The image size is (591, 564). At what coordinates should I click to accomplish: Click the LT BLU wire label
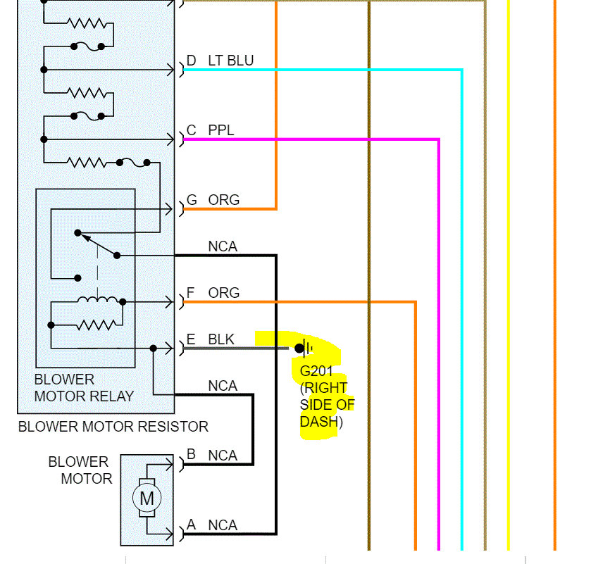tap(230, 61)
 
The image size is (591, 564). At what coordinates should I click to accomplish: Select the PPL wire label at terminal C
tap(220, 131)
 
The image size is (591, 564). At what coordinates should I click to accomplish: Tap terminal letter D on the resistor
tap(192, 61)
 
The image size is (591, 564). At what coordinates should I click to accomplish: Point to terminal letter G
tap(192, 201)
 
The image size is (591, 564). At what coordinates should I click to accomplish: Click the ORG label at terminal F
tap(223, 293)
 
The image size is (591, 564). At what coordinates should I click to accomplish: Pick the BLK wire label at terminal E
tap(221, 339)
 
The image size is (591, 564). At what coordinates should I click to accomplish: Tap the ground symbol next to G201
tap(304, 347)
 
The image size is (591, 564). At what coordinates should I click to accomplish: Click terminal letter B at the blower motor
tap(192, 456)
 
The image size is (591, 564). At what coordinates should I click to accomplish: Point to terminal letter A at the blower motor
tap(192, 525)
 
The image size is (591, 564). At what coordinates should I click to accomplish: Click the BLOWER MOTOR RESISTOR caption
tap(113, 427)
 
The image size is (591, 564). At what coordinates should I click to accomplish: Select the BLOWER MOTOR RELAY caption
tap(84, 388)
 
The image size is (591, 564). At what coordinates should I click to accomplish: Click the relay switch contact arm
tap(97, 244)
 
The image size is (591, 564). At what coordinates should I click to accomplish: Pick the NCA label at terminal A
tap(223, 525)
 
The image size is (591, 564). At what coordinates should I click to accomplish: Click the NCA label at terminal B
tap(223, 456)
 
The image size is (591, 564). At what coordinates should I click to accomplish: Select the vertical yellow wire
tap(508, 282)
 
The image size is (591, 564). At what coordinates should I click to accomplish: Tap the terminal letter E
tap(191, 339)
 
